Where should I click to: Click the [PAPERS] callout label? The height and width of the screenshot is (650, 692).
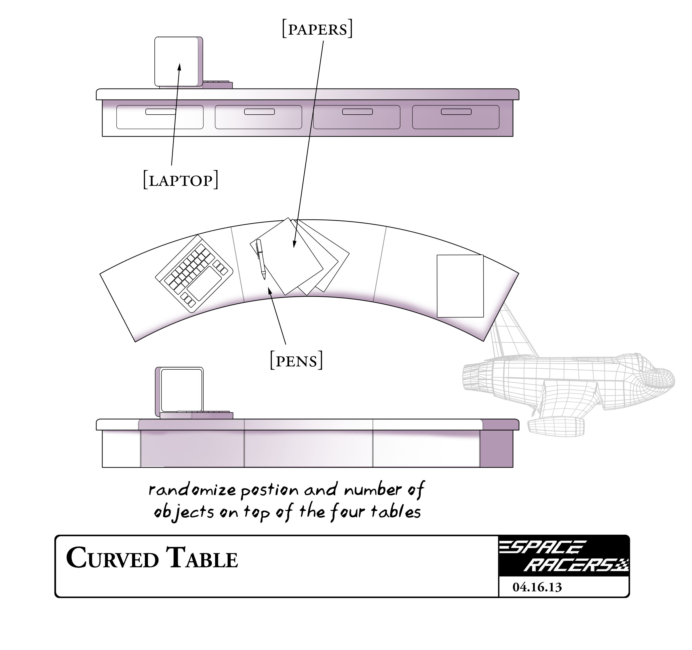pyautogui.click(x=317, y=30)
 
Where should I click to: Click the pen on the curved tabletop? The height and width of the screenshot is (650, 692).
pyautogui.click(x=261, y=259)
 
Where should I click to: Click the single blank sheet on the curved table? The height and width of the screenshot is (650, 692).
pyautogui.click(x=460, y=286)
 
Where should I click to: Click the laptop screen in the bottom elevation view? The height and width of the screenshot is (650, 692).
pyautogui.click(x=181, y=390)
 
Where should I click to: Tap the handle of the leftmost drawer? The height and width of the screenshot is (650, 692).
pyautogui.click(x=160, y=112)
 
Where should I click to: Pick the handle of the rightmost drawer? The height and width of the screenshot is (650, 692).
pyautogui.click(x=456, y=112)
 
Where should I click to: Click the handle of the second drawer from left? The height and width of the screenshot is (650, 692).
pyautogui.click(x=259, y=112)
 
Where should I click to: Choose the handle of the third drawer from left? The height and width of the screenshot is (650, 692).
pyautogui.click(x=358, y=112)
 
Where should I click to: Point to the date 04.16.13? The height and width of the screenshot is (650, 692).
pyautogui.click(x=537, y=587)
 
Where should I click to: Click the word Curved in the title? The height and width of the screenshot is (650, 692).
pyautogui.click(x=112, y=558)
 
